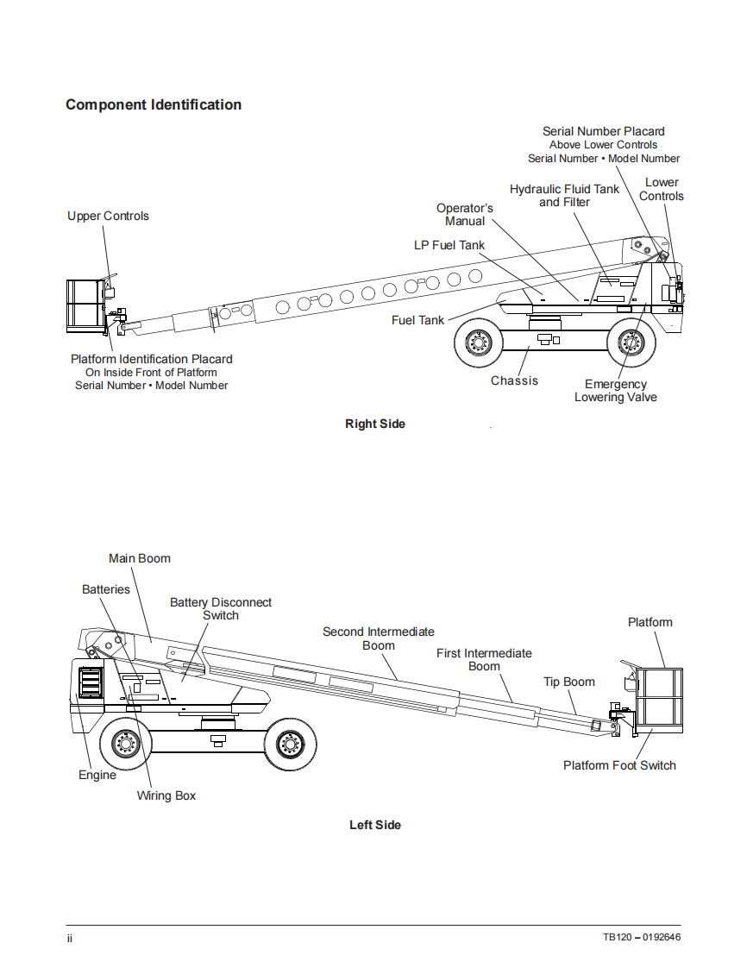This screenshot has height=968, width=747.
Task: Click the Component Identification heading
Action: pyautogui.click(x=154, y=105)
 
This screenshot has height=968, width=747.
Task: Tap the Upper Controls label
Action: pyautogui.click(x=108, y=216)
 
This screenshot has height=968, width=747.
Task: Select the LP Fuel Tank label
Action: pyautogui.click(x=449, y=245)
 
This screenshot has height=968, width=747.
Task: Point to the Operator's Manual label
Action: pyautogui.click(x=465, y=215)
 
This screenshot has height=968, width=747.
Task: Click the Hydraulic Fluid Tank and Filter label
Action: pyautogui.click(x=564, y=195)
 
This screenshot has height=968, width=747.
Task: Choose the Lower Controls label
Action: pyautogui.click(x=662, y=189)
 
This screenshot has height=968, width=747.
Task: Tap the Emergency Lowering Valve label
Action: pyautogui.click(x=616, y=391)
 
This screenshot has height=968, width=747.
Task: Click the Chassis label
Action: pyautogui.click(x=514, y=380)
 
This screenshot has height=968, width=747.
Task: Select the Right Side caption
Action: pyautogui.click(x=374, y=424)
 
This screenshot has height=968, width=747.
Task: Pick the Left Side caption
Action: pyautogui.click(x=374, y=825)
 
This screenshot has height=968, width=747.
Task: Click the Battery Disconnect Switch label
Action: pyautogui.click(x=221, y=609)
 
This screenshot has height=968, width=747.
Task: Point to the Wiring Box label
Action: pyautogui.click(x=166, y=795)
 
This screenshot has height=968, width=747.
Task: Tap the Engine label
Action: pyautogui.click(x=97, y=775)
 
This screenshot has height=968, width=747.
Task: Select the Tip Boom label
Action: pyautogui.click(x=569, y=682)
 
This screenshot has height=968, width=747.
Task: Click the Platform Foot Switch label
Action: pyautogui.click(x=619, y=765)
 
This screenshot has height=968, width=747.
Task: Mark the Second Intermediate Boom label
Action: pyautogui.click(x=379, y=638)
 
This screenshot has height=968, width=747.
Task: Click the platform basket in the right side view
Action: pyautogui.click(x=85, y=305)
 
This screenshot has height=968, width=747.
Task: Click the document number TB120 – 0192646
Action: pyautogui.click(x=642, y=938)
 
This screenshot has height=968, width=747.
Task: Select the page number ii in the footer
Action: pyautogui.click(x=70, y=938)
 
